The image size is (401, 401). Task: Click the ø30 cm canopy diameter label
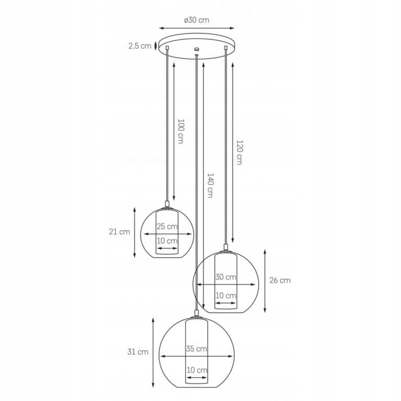(196, 20)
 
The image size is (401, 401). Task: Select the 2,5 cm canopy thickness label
(140, 46)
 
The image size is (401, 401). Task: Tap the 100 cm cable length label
(181, 131)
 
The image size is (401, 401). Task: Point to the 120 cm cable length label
(239, 152)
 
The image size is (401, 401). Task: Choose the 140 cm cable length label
(210, 185)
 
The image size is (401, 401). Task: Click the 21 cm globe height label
(120, 232)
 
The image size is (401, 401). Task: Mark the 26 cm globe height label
(280, 280)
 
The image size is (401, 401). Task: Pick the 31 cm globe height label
(138, 352)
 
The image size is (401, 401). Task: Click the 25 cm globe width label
(167, 226)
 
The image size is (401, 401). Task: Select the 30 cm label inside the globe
(226, 277)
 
